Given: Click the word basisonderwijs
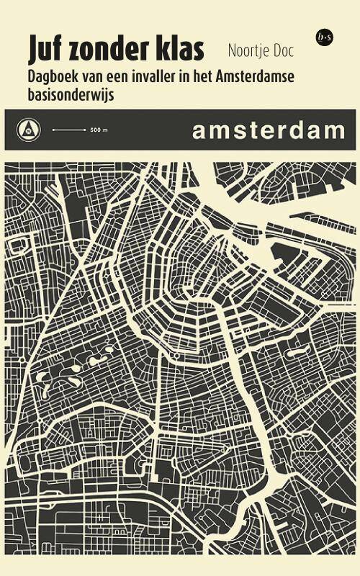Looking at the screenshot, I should coord(72,94).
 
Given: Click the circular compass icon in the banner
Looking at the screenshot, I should coord(28,130).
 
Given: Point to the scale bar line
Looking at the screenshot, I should coord(69,130).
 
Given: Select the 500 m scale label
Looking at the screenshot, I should coord(99,130).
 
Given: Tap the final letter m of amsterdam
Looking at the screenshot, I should coord(333,131).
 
